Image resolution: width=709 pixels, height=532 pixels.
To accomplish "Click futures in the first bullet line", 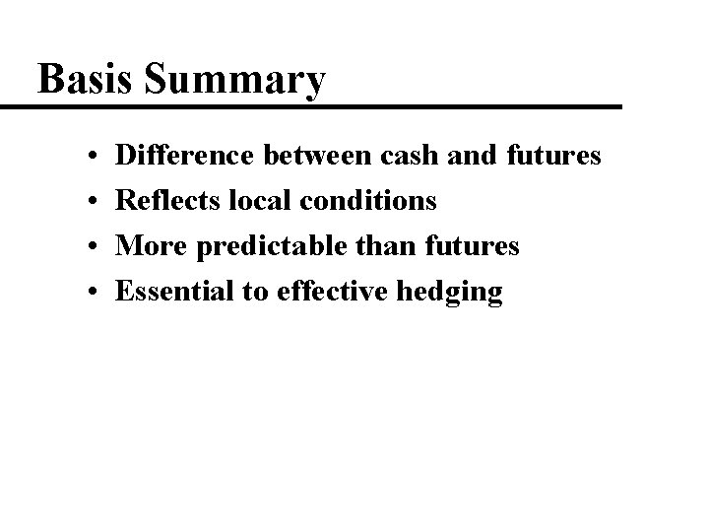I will click(555, 156).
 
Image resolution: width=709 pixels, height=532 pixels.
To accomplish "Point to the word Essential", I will click(172, 291).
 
